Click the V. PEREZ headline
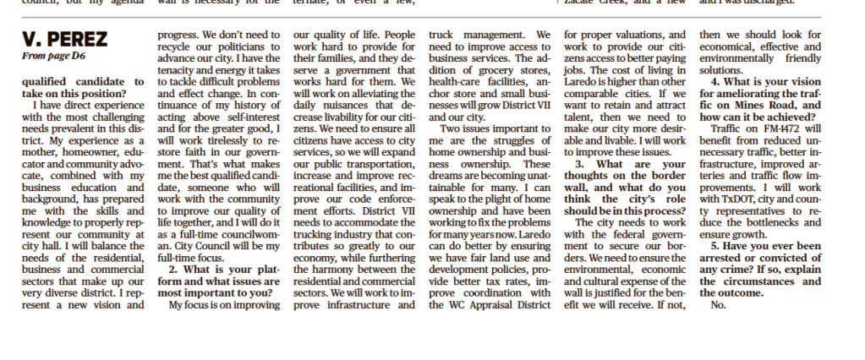64,41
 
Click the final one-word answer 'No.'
719,304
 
